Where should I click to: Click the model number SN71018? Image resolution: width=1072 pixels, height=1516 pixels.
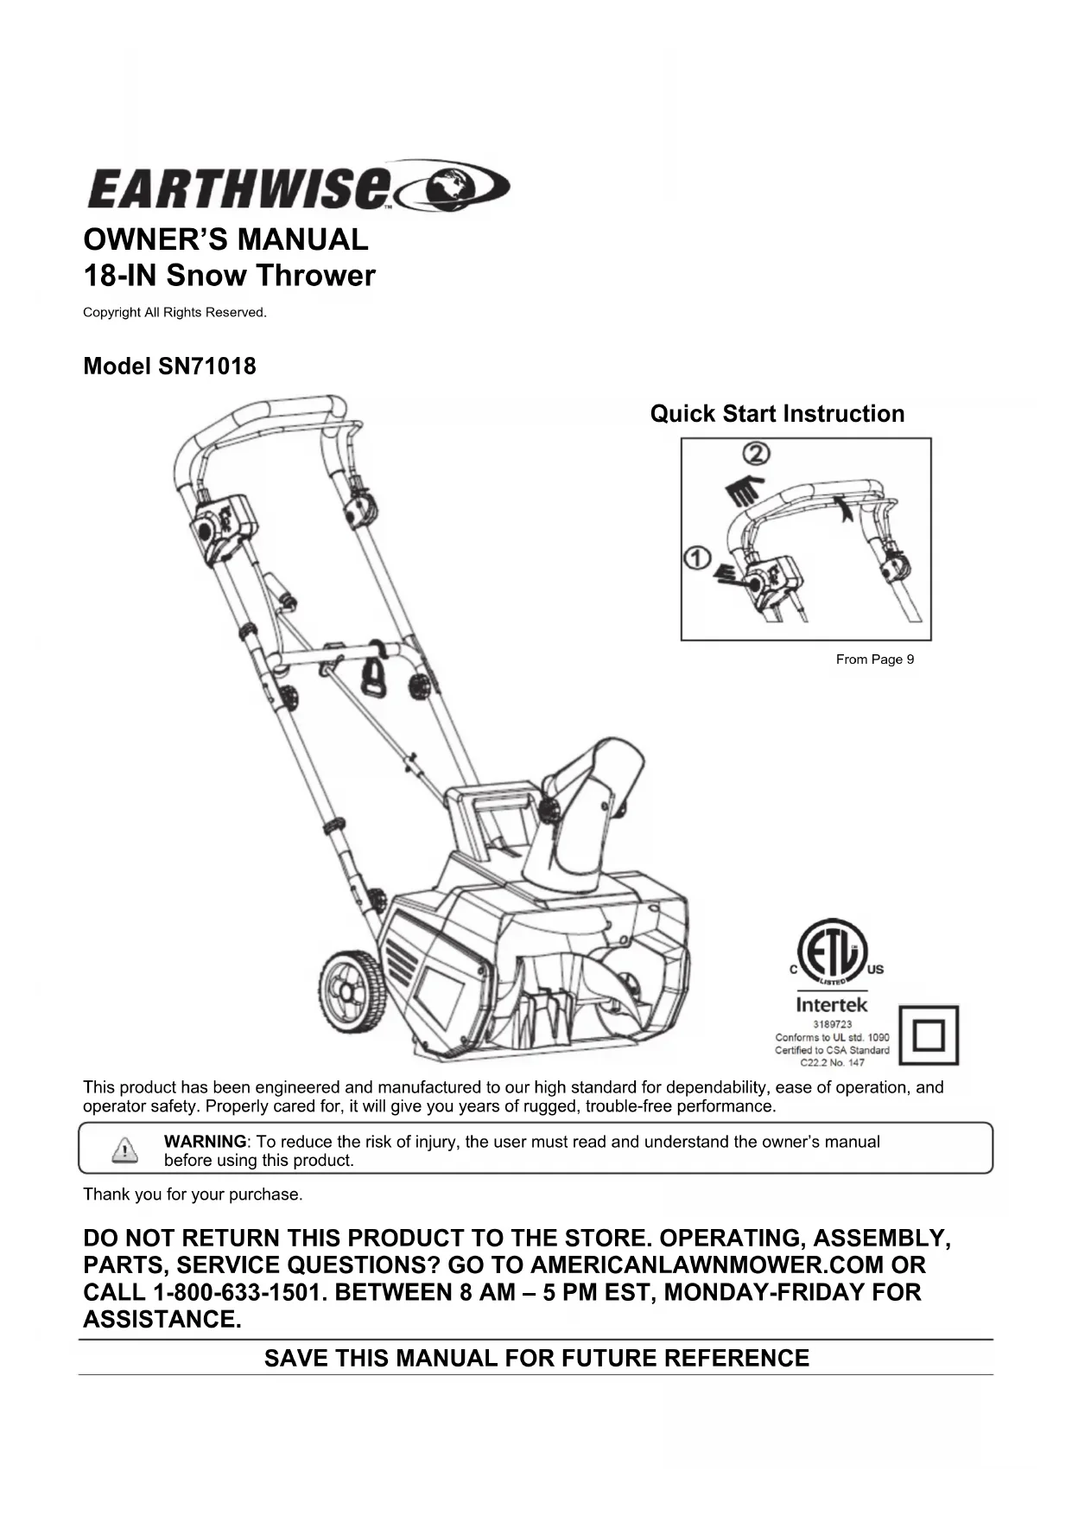tap(206, 366)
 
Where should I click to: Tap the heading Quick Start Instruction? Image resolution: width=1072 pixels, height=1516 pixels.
tap(777, 414)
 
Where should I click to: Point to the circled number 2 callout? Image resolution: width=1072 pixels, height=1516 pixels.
tap(758, 454)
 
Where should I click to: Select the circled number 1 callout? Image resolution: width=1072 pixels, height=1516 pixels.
tap(696, 559)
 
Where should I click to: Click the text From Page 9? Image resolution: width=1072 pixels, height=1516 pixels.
tap(874, 659)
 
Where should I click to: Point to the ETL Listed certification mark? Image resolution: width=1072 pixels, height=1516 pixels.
tap(831, 953)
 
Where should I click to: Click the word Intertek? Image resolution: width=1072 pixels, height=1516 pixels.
tap(831, 1005)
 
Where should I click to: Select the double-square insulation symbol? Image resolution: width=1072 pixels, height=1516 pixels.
tap(929, 1035)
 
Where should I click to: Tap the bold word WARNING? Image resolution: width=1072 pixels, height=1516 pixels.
tap(205, 1142)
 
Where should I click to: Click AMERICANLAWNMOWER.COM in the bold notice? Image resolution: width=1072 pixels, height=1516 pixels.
tap(707, 1265)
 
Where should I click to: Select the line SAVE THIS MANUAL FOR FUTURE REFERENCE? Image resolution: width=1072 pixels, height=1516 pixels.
tap(536, 1358)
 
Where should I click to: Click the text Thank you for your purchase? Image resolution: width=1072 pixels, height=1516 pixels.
tap(193, 1194)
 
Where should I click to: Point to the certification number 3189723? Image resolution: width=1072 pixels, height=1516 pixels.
tap(832, 1024)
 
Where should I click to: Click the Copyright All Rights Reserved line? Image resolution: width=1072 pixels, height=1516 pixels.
tap(174, 313)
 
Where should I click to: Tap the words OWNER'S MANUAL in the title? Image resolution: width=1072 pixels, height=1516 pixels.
tap(225, 239)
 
